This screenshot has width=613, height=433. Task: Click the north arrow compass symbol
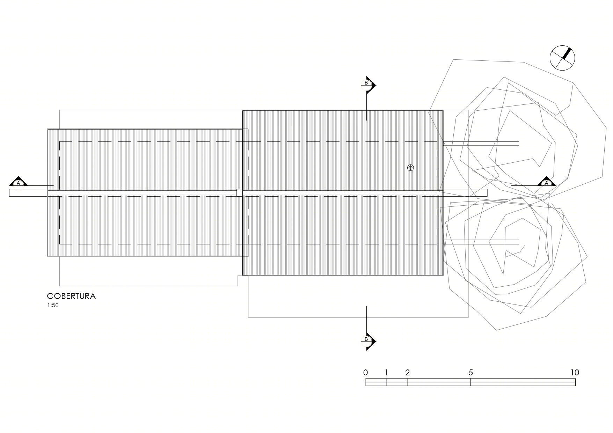[x=562, y=58]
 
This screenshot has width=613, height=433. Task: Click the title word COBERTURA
[x=71, y=296]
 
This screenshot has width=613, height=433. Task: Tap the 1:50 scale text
[x=53, y=305]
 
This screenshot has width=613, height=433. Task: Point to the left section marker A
[x=19, y=182]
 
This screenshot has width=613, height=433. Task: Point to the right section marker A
[x=547, y=182]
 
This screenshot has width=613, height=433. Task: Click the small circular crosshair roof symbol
[x=411, y=168]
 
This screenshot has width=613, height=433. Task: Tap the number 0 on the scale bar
[x=366, y=373]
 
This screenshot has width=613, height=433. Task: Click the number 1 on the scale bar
[x=386, y=373]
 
